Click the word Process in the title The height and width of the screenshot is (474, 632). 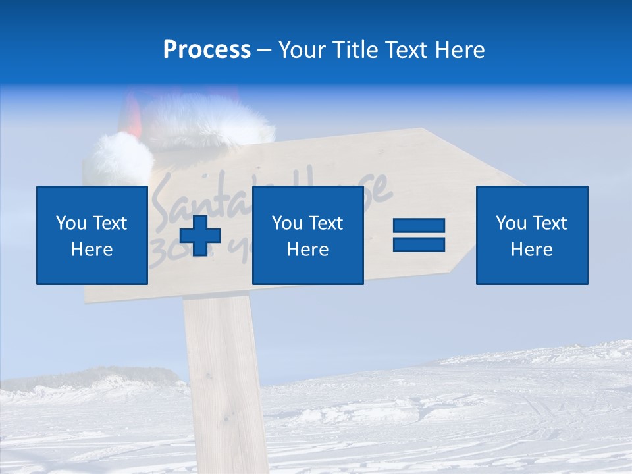[207, 50]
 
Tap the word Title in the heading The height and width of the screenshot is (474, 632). [356, 50]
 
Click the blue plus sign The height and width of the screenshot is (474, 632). [200, 236]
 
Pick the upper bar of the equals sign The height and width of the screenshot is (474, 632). [419, 226]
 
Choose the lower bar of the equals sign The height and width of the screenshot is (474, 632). [419, 244]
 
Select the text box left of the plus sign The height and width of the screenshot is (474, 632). [92, 235]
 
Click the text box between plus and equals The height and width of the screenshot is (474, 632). [307, 235]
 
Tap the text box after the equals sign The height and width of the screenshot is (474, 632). [531, 235]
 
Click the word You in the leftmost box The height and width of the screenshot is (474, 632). [70, 223]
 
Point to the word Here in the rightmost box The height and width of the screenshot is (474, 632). [531, 250]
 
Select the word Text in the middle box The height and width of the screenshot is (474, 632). [325, 223]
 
